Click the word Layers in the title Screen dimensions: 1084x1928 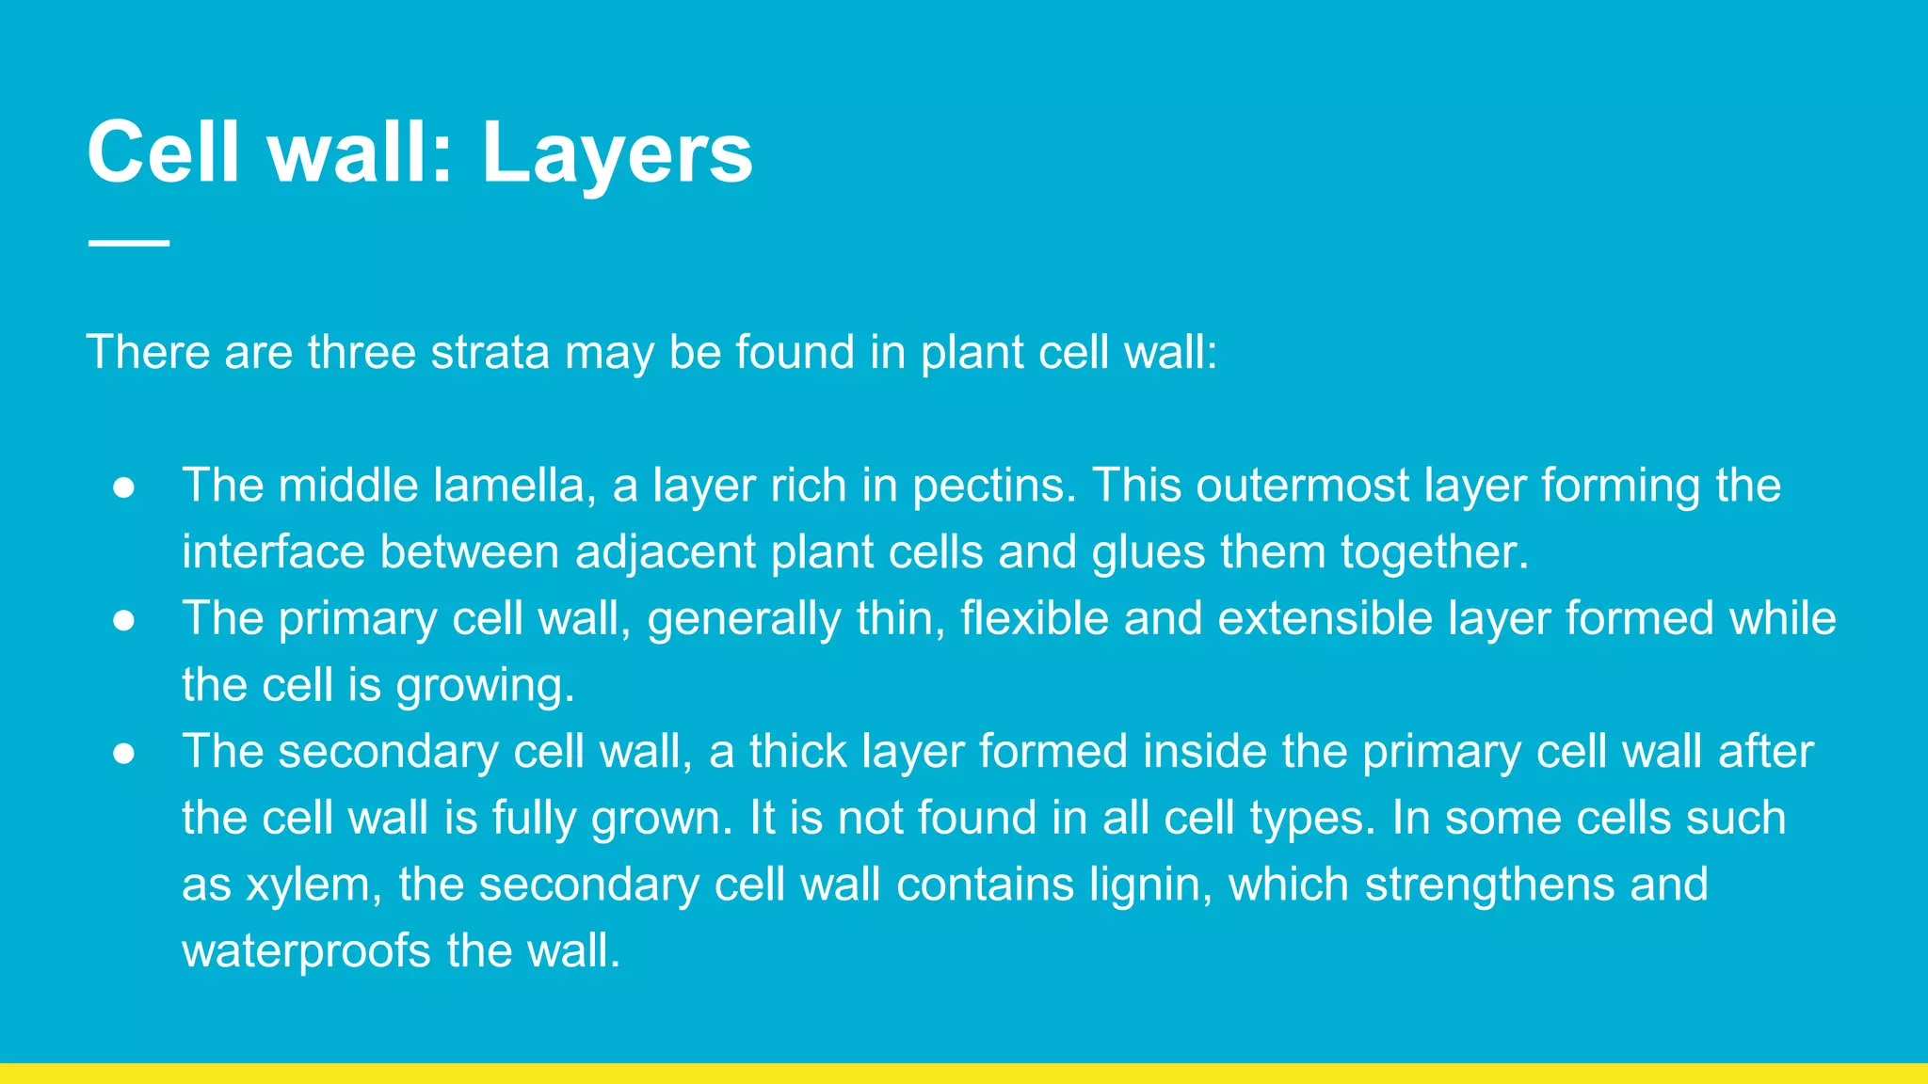point(617,153)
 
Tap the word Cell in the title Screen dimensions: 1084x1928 point(163,151)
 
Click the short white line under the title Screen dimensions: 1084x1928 point(129,243)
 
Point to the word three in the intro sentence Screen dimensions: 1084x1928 point(361,353)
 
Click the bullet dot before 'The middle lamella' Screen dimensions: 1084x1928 point(124,487)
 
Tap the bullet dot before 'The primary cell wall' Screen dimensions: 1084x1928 point(124,620)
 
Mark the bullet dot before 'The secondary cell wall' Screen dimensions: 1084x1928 point(124,753)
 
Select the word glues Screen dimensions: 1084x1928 point(1149,553)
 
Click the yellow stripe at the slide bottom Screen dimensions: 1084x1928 point(964,1074)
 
